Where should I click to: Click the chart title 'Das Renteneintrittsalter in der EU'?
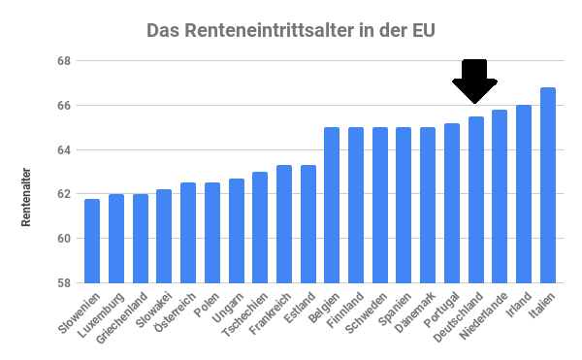pos(291,30)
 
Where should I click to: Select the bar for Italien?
pos(548,185)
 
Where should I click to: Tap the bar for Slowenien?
pos(92,241)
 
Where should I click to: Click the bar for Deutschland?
pos(476,200)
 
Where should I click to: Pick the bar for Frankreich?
pos(284,224)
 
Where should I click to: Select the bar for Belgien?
pos(332,205)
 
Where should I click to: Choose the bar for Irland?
pos(524,194)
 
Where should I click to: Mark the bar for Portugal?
pos(452,203)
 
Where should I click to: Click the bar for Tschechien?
pos(260,227)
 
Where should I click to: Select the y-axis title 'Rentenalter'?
pos(26,199)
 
